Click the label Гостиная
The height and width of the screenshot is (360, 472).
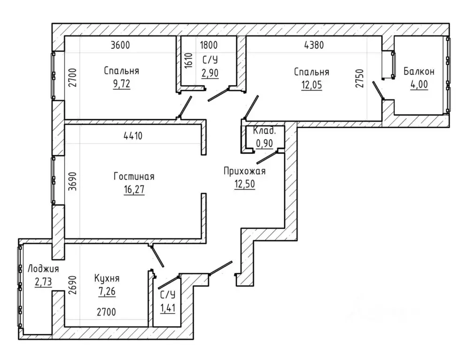click(x=134, y=176)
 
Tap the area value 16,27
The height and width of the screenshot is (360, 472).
click(x=134, y=190)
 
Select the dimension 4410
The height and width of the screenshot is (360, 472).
click(x=133, y=136)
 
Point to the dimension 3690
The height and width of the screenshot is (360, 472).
click(x=72, y=181)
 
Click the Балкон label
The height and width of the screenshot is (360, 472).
click(x=419, y=71)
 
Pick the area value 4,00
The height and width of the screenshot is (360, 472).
click(x=419, y=84)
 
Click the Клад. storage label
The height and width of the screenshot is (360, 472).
click(x=264, y=131)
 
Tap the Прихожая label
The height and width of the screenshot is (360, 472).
click(x=244, y=171)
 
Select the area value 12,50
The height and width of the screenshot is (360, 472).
click(x=244, y=184)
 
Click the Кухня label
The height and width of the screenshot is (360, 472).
click(x=107, y=278)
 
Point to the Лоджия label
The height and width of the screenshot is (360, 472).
click(x=43, y=269)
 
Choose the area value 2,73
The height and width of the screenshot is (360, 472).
click(x=43, y=282)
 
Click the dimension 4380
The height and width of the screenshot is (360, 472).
click(x=314, y=45)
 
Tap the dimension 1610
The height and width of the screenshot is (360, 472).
click(x=189, y=61)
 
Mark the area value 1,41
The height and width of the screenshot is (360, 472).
click(x=167, y=308)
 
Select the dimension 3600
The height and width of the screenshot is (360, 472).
click(x=120, y=45)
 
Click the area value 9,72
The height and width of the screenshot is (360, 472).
click(x=122, y=84)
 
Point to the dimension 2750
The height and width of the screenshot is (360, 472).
click(x=360, y=78)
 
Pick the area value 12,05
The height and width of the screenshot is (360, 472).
click(x=312, y=85)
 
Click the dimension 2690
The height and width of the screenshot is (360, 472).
click(x=72, y=285)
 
